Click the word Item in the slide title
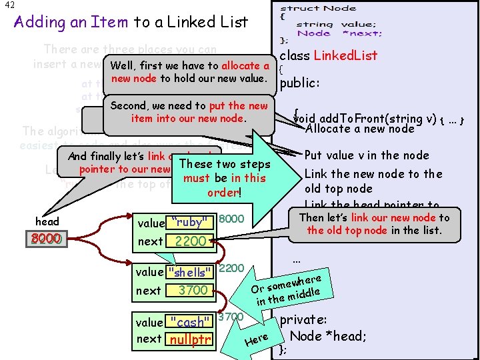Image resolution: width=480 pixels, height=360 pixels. tap(109, 22)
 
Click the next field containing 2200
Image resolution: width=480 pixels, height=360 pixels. tap(191, 241)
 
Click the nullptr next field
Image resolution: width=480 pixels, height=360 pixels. tap(191, 339)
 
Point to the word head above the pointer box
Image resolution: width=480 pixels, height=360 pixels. tap(47, 221)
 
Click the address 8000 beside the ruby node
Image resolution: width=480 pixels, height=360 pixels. tap(231, 219)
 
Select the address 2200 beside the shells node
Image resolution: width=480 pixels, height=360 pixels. tap(231, 268)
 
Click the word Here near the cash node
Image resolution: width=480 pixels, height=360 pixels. tap(257, 340)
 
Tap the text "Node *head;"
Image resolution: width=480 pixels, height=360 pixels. tap(327, 336)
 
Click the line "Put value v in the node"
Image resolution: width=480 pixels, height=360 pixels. tap(366, 155)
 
